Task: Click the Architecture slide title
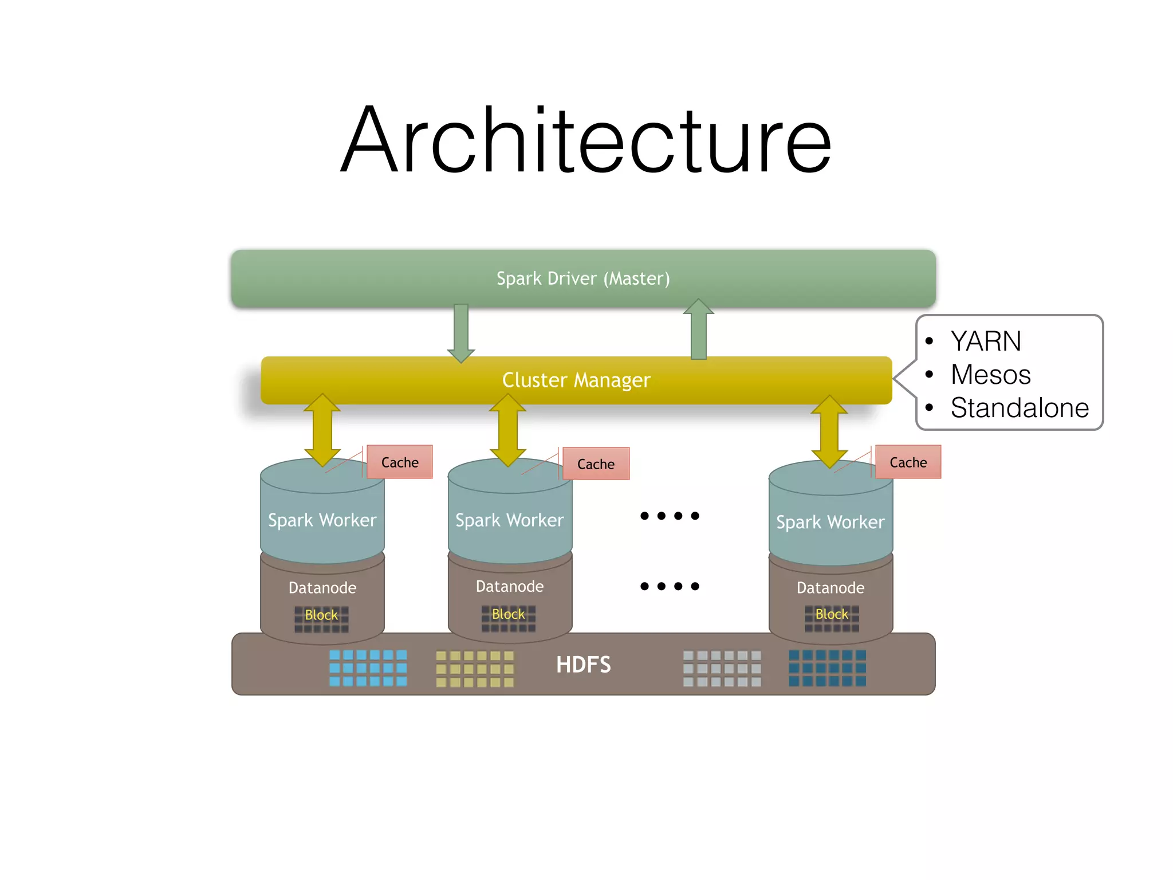(585, 140)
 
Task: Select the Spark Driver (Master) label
(583, 278)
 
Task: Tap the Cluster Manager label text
(576, 380)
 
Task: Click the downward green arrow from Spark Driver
(461, 332)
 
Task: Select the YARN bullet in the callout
(986, 341)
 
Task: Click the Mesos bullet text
(990, 375)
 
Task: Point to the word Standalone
(1020, 408)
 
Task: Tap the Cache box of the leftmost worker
(400, 462)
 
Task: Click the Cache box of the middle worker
(596, 464)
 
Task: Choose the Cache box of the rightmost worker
(908, 462)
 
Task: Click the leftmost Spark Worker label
(322, 520)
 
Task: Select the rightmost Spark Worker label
(830, 522)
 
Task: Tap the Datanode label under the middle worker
(510, 587)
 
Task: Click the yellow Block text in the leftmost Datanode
(321, 615)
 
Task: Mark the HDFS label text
(583, 665)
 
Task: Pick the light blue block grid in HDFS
(368, 668)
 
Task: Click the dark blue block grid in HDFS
(827, 668)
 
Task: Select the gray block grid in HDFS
(722, 668)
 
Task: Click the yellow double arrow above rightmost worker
(829, 431)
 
